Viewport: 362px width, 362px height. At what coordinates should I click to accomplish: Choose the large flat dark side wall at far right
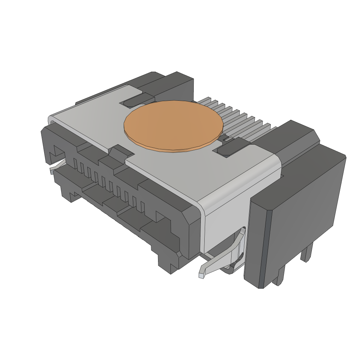point(304,209)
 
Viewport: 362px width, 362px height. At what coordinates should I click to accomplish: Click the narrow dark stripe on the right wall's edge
point(267,247)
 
